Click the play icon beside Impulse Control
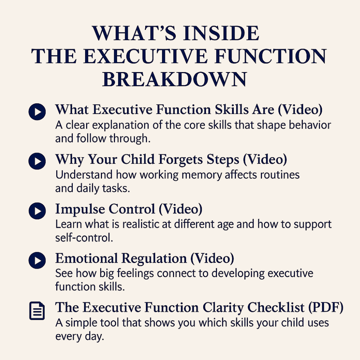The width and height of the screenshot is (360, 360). pyautogui.click(x=37, y=211)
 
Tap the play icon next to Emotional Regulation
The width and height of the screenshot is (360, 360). pyautogui.click(x=37, y=261)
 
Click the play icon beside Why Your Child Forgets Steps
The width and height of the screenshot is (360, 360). pyautogui.click(x=37, y=161)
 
